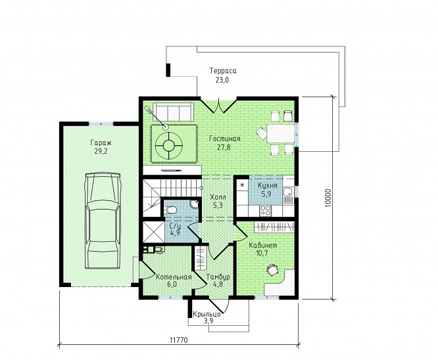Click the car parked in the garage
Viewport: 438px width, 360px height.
[x=103, y=221]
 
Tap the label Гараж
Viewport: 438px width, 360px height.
[x=101, y=143]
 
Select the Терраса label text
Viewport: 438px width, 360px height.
[x=223, y=71]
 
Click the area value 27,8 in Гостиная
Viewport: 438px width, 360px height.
[x=224, y=147]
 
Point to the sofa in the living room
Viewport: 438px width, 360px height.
[x=174, y=112]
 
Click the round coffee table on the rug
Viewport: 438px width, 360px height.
[x=169, y=145]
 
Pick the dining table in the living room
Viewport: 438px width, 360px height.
[x=281, y=133]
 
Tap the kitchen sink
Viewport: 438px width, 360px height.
[x=287, y=192]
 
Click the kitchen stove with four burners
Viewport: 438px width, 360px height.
[x=265, y=211]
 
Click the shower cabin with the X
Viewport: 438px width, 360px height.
[x=153, y=232]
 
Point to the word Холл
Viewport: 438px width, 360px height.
[x=218, y=197]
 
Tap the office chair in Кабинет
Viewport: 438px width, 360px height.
[x=272, y=269]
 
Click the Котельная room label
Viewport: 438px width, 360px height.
[x=174, y=277]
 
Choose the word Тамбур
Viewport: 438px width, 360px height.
[x=218, y=277]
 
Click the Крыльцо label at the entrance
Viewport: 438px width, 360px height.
[x=207, y=315]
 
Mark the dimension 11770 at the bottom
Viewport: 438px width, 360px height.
[x=179, y=340]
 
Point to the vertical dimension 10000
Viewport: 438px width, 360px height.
[x=328, y=198]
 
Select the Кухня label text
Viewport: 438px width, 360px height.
[x=268, y=186]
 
